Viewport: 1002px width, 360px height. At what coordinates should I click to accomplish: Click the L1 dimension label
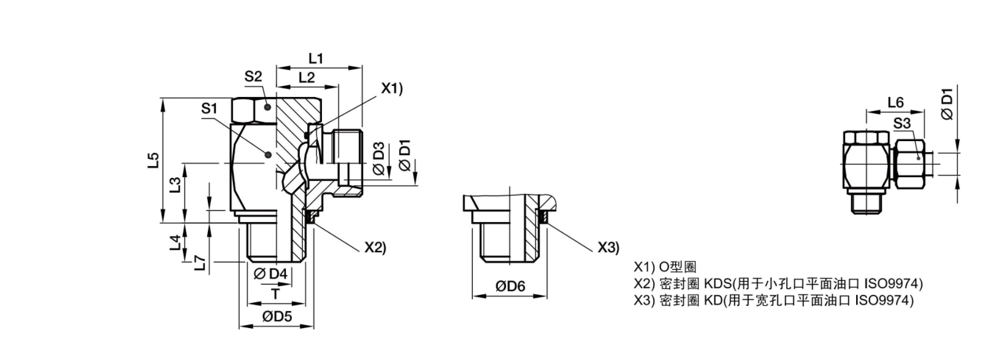pyautogui.click(x=316, y=58)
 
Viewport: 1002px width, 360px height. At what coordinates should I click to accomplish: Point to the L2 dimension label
pyautogui.click(x=307, y=77)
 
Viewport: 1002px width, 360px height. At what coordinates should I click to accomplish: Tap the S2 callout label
pyautogui.click(x=253, y=77)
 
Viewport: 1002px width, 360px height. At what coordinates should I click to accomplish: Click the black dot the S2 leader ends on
pyautogui.click(x=267, y=107)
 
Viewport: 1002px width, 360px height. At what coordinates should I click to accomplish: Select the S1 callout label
pyautogui.click(x=209, y=108)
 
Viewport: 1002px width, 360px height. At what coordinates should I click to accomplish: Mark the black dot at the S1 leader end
pyautogui.click(x=268, y=155)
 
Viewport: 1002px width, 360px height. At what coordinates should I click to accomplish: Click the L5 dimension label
pyautogui.click(x=153, y=161)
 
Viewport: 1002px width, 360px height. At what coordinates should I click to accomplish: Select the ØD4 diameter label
pyautogui.click(x=270, y=274)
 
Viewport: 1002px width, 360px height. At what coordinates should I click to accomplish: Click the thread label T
pyautogui.click(x=275, y=294)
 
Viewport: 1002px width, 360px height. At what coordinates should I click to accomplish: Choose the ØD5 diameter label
pyautogui.click(x=277, y=316)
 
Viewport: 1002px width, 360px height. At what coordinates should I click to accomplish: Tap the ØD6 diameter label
pyautogui.click(x=510, y=286)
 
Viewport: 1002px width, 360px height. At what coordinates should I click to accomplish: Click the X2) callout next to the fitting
pyautogui.click(x=375, y=247)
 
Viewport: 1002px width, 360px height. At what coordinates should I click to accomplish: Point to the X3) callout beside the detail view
pyautogui.click(x=609, y=247)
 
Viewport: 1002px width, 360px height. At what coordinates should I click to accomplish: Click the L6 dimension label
pyautogui.click(x=895, y=102)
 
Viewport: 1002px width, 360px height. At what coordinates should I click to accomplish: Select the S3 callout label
pyautogui.click(x=902, y=123)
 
